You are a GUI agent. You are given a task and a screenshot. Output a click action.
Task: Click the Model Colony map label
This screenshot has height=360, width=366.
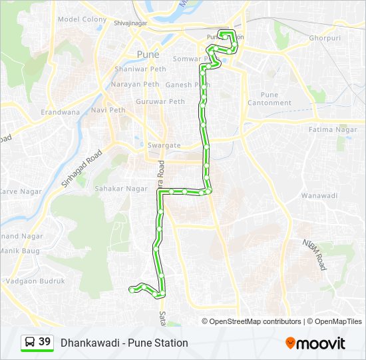point(82,19)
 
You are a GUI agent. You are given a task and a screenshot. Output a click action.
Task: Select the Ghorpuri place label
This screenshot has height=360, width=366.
point(324,38)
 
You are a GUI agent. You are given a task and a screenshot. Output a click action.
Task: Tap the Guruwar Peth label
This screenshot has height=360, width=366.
point(160,101)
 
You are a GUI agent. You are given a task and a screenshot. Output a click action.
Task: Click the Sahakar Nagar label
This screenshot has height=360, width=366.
point(120,189)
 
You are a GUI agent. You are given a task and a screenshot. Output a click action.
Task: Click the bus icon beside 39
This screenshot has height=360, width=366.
point(31,342)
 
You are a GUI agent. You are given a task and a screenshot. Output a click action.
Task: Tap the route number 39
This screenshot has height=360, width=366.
point(45,342)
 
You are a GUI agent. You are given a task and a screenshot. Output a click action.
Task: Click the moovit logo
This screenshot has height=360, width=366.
point(315,343)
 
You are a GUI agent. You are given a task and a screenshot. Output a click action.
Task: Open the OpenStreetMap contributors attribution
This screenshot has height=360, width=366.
point(256,321)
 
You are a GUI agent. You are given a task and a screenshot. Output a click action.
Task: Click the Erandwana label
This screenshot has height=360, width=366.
point(59,113)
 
